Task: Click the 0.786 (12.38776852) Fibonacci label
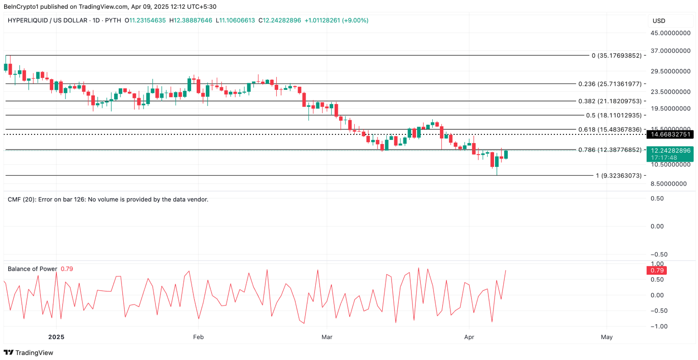(610, 150)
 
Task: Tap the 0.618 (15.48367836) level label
(610, 130)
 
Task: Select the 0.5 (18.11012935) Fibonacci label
(614, 116)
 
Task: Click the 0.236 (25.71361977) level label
(610, 84)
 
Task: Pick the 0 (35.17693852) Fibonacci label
(616, 55)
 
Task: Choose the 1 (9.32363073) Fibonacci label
(618, 176)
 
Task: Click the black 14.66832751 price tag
(670, 134)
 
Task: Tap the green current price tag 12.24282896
(670, 150)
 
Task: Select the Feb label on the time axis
(198, 337)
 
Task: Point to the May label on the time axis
(606, 337)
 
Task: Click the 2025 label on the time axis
(56, 337)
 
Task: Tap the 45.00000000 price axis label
(671, 33)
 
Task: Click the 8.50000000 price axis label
(670, 183)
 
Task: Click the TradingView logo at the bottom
(28, 353)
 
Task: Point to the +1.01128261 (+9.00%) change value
(336, 21)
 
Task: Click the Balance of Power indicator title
(33, 269)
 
